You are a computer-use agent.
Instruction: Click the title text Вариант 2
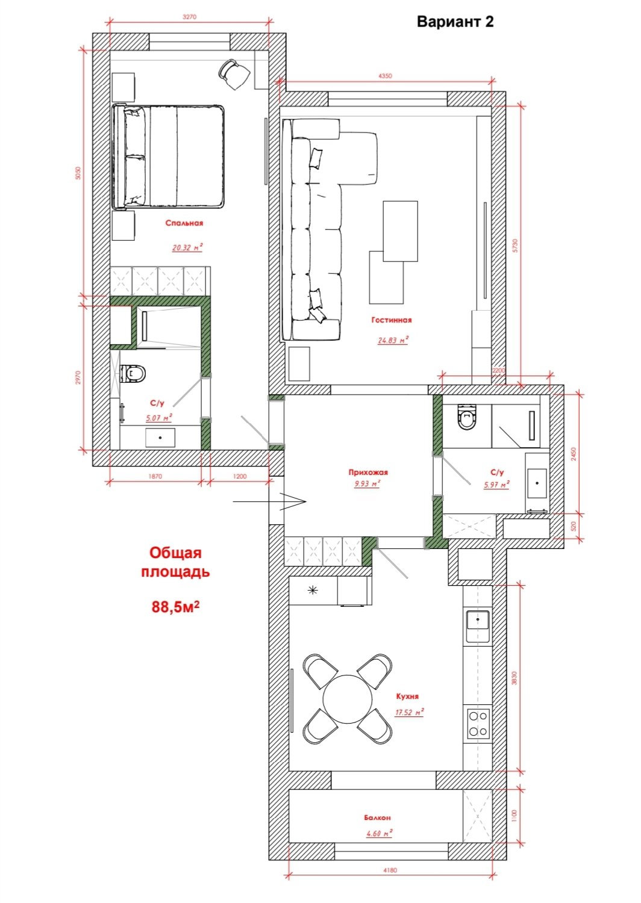pyautogui.click(x=455, y=22)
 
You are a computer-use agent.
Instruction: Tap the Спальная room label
pyautogui.click(x=184, y=223)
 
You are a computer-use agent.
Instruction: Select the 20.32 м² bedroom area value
pyautogui.click(x=187, y=247)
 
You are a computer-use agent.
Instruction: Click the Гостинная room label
pyautogui.click(x=392, y=320)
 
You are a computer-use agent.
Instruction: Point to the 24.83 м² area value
pyautogui.click(x=393, y=340)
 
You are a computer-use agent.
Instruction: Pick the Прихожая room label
pyautogui.click(x=368, y=473)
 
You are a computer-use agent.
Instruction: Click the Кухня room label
pyautogui.click(x=407, y=696)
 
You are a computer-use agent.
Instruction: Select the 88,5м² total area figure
pyautogui.click(x=175, y=606)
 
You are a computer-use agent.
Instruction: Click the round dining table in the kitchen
pyautogui.click(x=348, y=699)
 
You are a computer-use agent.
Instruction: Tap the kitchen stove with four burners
pyautogui.click(x=478, y=724)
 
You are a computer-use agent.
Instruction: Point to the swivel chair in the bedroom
pyautogui.click(x=234, y=74)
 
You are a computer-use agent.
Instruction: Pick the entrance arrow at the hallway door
pyautogui.click(x=269, y=502)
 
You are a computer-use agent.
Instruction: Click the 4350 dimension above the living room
pyautogui.click(x=385, y=76)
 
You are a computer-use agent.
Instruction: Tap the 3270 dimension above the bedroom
pyautogui.click(x=189, y=17)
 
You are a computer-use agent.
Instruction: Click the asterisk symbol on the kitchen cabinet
pyautogui.click(x=313, y=591)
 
